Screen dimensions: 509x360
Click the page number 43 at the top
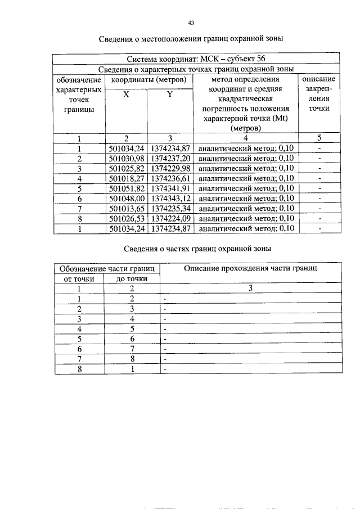191,22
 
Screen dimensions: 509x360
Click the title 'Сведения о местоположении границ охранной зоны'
191,39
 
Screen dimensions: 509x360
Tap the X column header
126,95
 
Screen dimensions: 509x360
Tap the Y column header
170,95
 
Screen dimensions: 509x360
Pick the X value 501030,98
127,158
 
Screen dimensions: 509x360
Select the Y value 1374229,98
171,168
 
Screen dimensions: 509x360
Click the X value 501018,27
127,178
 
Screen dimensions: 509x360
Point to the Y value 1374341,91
171,188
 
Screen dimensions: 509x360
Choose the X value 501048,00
127,199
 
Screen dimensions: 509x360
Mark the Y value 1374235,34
171,209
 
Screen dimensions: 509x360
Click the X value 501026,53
127,219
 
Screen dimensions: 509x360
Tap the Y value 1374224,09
171,219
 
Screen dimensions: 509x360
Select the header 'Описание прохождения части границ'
250,268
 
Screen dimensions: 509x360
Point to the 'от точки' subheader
79,278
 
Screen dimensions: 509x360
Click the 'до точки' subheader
132,278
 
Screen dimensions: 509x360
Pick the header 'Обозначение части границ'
107,268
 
